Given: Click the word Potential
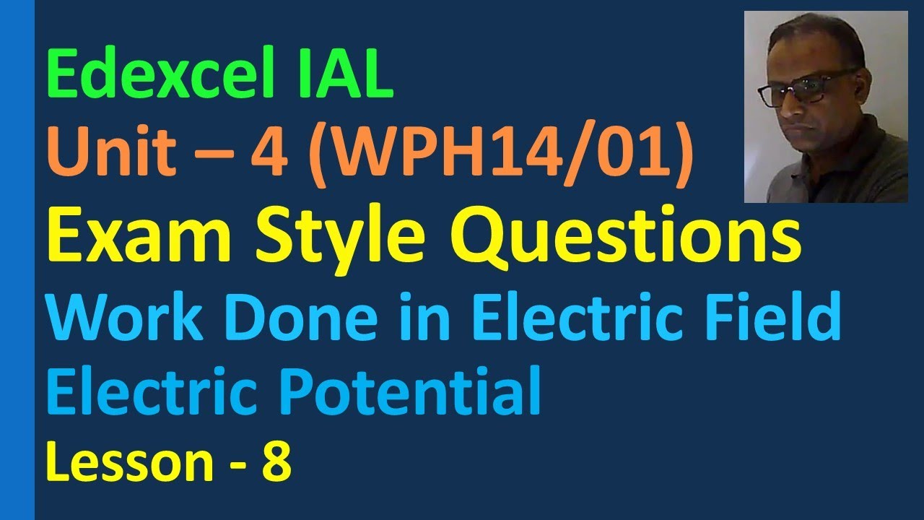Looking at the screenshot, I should pyautogui.click(x=419, y=391).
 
